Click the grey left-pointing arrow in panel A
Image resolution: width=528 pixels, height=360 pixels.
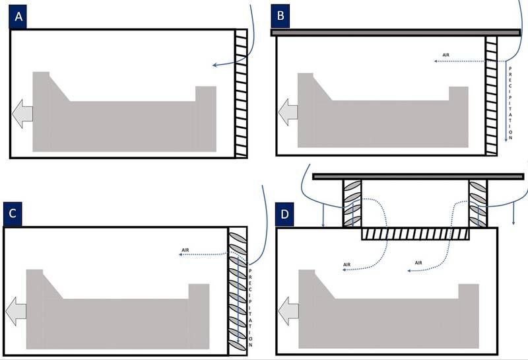(x=22, y=113)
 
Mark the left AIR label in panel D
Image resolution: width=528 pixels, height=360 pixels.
(x=347, y=265)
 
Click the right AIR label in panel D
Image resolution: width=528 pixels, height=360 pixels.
(x=418, y=263)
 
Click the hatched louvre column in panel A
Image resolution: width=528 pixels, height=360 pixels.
(x=241, y=92)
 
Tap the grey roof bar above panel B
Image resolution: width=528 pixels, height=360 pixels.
(x=395, y=32)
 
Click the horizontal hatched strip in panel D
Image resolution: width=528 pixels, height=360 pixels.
(x=415, y=234)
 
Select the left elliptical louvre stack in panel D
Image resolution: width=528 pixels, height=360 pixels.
(x=352, y=203)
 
